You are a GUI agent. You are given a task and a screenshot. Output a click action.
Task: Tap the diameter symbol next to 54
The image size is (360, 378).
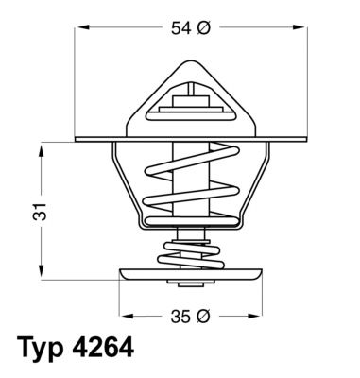pyautogui.click(x=203, y=29)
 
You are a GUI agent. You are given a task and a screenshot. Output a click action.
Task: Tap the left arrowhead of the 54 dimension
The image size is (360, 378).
pyautogui.click(x=80, y=29)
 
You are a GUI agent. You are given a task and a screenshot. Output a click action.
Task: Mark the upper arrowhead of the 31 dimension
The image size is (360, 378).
pyautogui.click(x=43, y=147)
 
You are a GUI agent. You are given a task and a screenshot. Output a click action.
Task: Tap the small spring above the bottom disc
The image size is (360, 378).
pyautogui.click(x=194, y=254)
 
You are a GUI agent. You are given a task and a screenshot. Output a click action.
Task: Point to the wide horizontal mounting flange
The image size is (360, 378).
pyautogui.click(x=94, y=138)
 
